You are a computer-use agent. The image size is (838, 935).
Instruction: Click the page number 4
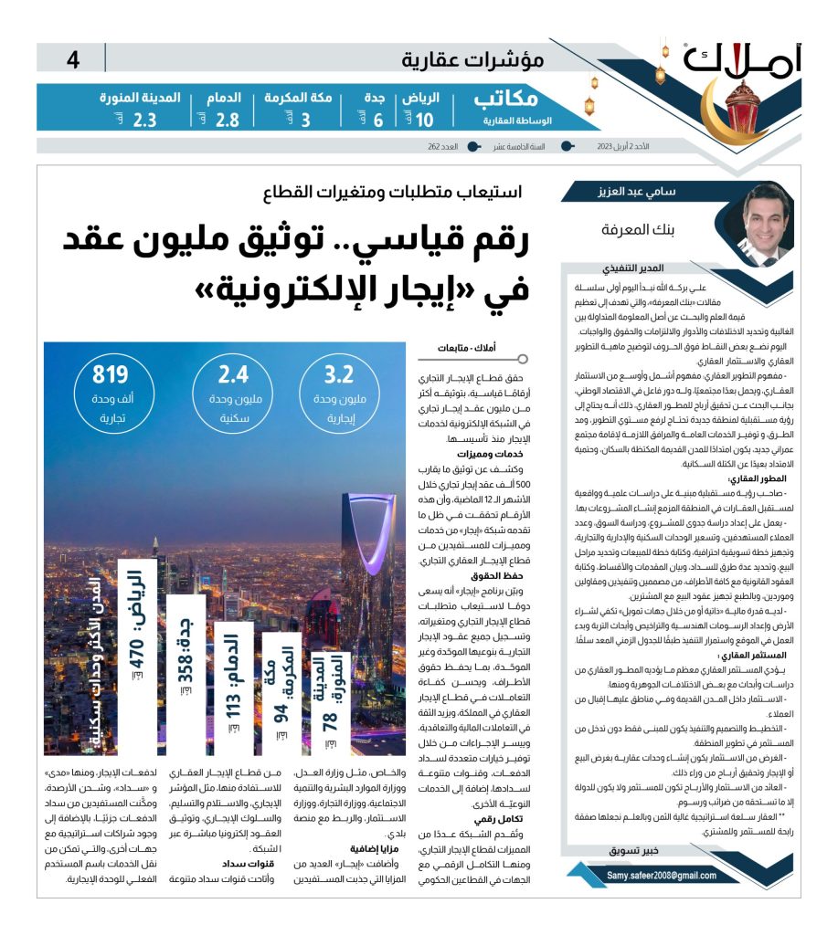(x=74, y=60)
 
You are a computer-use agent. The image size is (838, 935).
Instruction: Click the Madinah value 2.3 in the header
(x=144, y=120)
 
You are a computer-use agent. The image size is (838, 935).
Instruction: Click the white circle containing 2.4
(x=233, y=388)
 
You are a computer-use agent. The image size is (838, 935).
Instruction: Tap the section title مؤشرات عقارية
(x=472, y=60)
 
